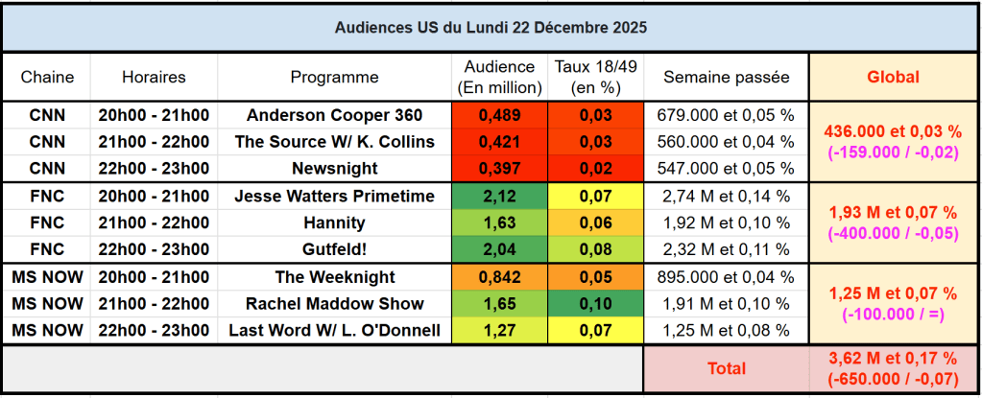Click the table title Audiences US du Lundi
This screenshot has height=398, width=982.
coord(491,28)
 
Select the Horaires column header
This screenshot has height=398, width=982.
coord(154,77)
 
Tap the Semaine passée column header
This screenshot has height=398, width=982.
coord(726,77)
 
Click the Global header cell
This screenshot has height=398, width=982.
coord(893,77)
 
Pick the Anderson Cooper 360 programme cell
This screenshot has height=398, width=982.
coord(334,115)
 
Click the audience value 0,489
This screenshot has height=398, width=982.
coord(498,115)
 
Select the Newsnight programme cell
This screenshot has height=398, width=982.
coord(334,169)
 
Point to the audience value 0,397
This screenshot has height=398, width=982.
coord(498,169)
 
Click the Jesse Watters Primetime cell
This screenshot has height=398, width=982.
coord(334,197)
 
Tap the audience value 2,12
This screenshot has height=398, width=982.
coord(498,197)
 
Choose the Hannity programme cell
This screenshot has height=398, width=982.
coord(334,223)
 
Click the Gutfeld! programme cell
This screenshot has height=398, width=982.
coord(334,250)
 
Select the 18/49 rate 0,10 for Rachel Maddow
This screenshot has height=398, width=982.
coord(595,304)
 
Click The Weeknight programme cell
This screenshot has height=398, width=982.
coord(334,277)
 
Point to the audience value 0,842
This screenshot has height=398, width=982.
coord(498,277)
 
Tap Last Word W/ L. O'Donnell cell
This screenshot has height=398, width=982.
coord(334,331)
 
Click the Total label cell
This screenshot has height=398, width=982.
coord(726,368)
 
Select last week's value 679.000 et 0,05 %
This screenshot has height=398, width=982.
coord(726,115)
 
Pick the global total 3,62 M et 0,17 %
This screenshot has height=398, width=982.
coord(893,359)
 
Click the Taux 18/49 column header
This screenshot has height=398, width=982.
coord(595,77)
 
